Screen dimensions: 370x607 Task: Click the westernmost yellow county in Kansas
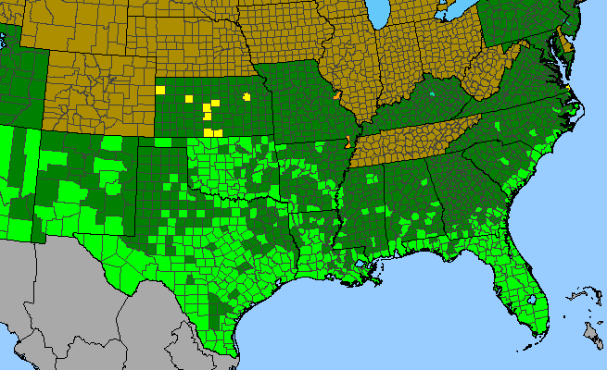[161, 90]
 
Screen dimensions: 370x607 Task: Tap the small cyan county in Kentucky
[432, 93]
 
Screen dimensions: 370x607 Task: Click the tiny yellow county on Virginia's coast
[566, 88]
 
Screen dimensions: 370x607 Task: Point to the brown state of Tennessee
[417, 139]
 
